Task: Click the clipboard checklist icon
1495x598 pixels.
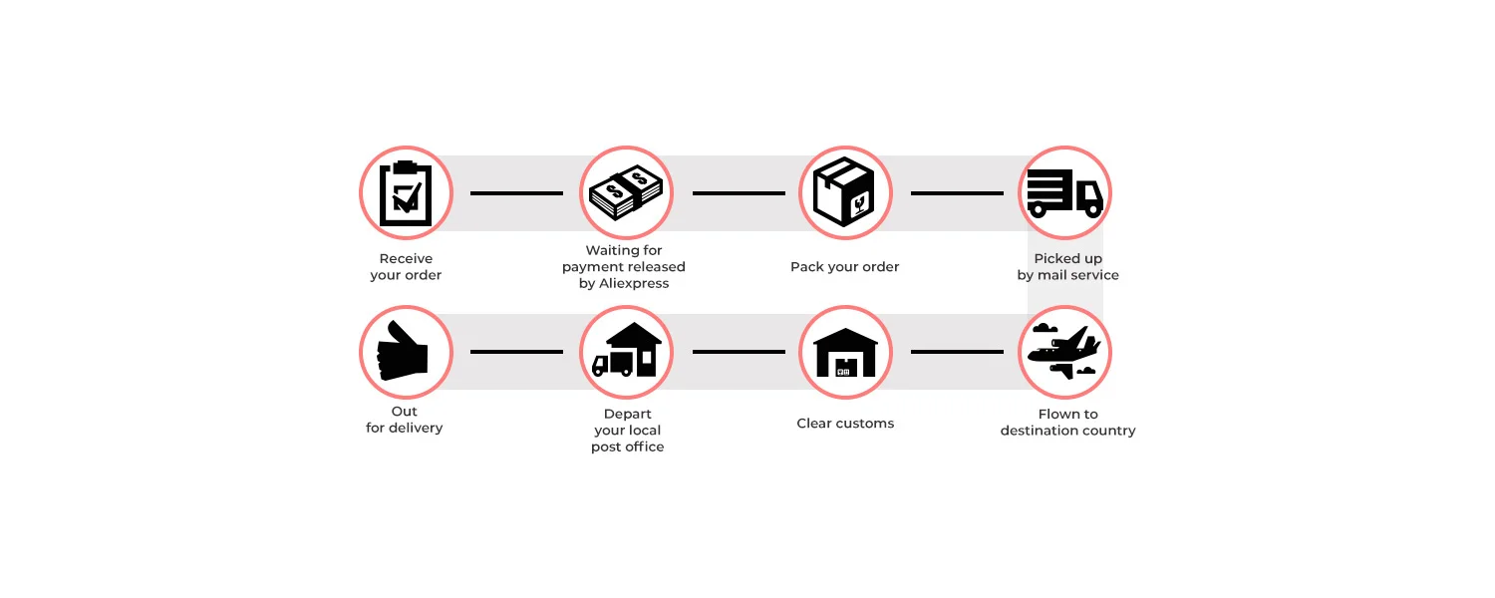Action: [x=406, y=192]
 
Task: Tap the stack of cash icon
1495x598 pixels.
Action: [x=626, y=192]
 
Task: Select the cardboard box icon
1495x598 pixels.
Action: [x=844, y=192]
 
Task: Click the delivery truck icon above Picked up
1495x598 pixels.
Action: [x=1064, y=192]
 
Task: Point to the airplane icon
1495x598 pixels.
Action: [x=1064, y=352]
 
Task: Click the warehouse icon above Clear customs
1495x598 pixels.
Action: [x=844, y=352]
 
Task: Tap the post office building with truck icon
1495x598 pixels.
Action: [x=626, y=352]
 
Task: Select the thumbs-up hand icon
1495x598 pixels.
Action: [x=406, y=352]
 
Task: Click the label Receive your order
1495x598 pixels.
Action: [x=406, y=267]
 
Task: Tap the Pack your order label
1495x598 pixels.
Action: [x=844, y=267]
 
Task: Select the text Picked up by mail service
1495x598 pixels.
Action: [x=1067, y=267]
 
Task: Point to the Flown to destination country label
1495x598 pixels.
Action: [x=1067, y=423]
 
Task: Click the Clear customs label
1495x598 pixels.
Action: [x=845, y=424]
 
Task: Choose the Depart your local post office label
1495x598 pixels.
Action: [x=627, y=431]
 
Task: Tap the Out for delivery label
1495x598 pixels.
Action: [x=405, y=420]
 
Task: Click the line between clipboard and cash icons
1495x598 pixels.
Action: [x=516, y=193]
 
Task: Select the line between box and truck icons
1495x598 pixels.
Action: [x=957, y=193]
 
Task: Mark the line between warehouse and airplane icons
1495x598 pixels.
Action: [x=957, y=352]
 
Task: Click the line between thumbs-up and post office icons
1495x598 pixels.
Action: [x=516, y=352]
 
